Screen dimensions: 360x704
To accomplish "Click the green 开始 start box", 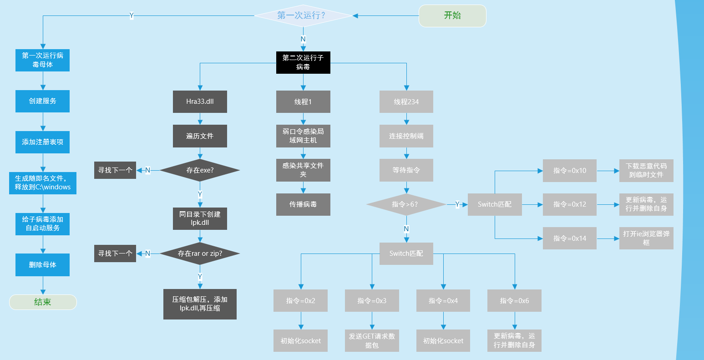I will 452,15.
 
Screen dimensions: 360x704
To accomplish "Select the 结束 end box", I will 43,302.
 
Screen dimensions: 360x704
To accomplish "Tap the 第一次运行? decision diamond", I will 303,15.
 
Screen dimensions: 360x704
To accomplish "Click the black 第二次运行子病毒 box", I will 303,62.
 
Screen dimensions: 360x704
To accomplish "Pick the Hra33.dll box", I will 200,102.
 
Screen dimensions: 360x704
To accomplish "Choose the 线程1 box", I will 303,102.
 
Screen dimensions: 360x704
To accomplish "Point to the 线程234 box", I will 406,102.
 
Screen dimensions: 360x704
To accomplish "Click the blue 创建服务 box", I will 43,101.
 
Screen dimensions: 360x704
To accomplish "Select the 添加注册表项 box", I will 43,142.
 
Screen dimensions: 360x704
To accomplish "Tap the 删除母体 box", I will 43,265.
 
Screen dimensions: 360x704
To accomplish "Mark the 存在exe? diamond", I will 200,170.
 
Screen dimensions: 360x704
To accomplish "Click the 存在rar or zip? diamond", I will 200,254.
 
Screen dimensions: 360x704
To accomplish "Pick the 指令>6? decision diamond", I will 406,204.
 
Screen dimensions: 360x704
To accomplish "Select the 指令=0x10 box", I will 570,171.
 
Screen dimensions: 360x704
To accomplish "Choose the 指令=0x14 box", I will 570,238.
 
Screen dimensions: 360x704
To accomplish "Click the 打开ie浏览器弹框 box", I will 646,238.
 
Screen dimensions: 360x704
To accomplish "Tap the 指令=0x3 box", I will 372,300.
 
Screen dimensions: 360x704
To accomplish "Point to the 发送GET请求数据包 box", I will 372,340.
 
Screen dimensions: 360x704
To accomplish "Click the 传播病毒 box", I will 303,204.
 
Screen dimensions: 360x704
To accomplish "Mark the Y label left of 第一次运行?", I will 132,15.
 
